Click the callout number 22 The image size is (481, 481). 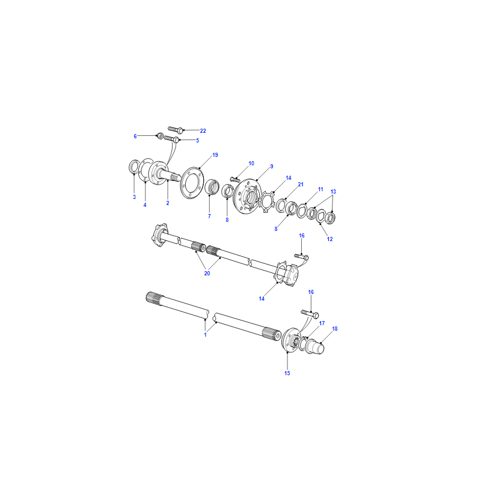tap(203, 131)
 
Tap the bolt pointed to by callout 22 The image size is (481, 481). tap(176, 129)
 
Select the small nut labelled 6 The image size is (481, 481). tap(160, 135)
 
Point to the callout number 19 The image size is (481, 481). tap(215, 155)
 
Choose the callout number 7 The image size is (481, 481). tap(209, 216)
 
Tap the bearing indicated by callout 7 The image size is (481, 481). tap(212, 187)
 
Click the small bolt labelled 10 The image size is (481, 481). tap(234, 179)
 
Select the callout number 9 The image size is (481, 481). tap(272, 167)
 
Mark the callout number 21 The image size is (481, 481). tap(301, 185)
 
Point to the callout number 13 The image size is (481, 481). tap(333, 192)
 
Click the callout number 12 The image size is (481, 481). tap(329, 239)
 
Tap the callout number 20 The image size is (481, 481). tap(207, 274)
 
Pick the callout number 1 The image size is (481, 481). tap(205, 335)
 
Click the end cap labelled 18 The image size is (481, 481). tap(315, 346)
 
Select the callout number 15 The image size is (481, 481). tap(287, 373)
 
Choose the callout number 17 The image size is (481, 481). tap(322, 323)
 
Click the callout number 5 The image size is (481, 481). tap(198, 141)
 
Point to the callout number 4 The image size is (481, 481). tap(145, 204)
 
